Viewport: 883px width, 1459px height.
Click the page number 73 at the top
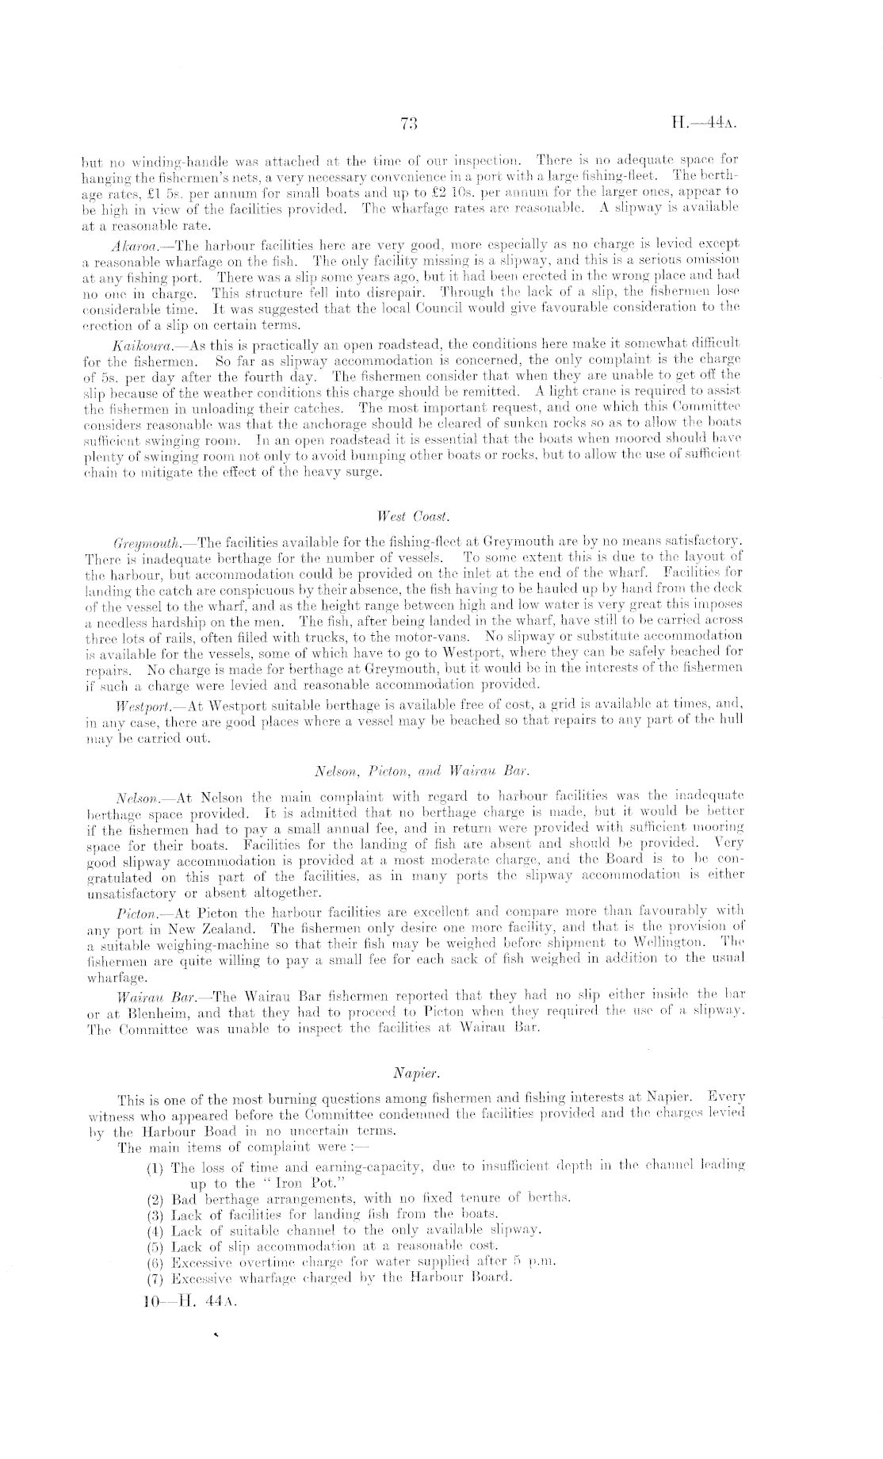click(x=409, y=122)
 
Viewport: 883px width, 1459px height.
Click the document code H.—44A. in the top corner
click(x=705, y=122)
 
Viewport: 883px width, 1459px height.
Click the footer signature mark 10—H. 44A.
click(x=188, y=1301)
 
